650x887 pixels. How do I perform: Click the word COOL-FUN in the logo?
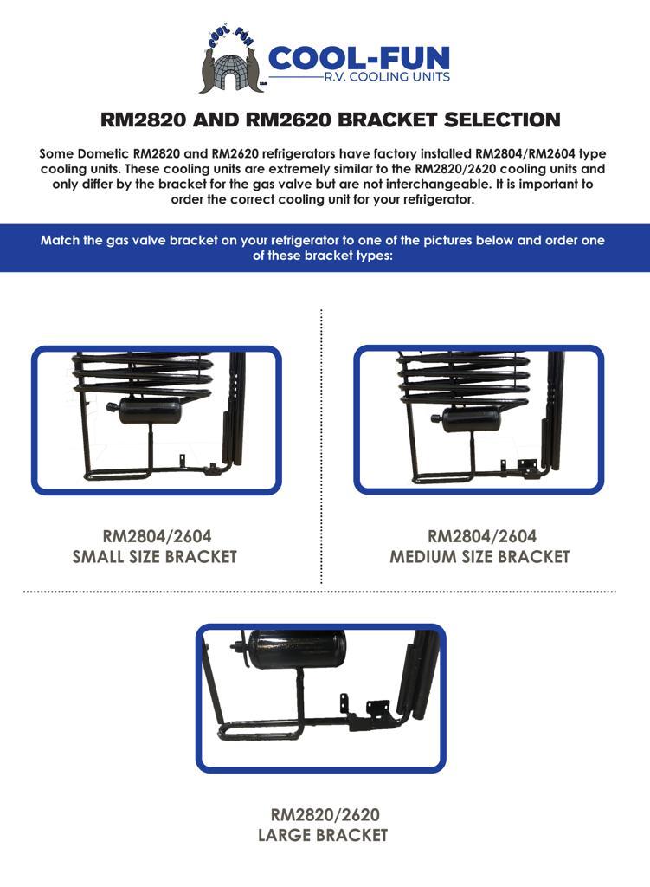click(x=359, y=58)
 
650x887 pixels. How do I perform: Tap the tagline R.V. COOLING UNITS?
click(x=387, y=77)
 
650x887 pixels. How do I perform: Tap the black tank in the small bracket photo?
click(x=148, y=410)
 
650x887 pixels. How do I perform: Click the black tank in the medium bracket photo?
click(x=469, y=419)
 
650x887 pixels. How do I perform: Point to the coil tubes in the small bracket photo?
click(x=145, y=372)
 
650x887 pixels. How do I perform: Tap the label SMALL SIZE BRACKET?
click(x=155, y=557)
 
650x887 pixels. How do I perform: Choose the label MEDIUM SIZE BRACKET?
click(x=479, y=557)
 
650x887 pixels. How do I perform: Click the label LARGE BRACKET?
click(x=323, y=835)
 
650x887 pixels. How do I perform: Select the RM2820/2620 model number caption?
click(x=325, y=814)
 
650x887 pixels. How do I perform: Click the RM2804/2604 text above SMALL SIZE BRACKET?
click(x=158, y=535)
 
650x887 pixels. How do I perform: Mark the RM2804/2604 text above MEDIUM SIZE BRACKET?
click(x=482, y=535)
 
